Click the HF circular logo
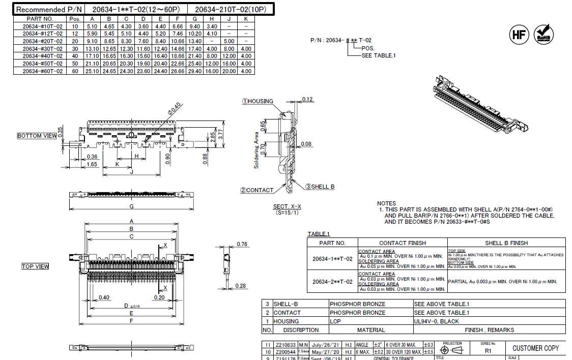pyautogui.click(x=519, y=35)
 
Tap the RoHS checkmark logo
pyautogui.click(x=544, y=35)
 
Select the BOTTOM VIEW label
pyautogui.click(x=37, y=136)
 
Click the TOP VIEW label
pyautogui.click(x=35, y=266)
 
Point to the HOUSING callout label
pyautogui.click(x=258, y=101)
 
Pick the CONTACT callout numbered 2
pyautogui.click(x=257, y=190)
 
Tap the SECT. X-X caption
pyautogui.click(x=287, y=206)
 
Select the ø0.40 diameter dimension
pyautogui.click(x=174, y=108)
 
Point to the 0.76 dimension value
pyautogui.click(x=242, y=245)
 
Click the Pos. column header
pyautogui.click(x=75, y=18)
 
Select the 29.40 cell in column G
pyautogui.click(x=195, y=71)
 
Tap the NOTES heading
pyautogui.click(x=387, y=203)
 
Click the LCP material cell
pyautogui.click(x=336, y=321)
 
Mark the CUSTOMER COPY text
pyautogui.click(x=535, y=348)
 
